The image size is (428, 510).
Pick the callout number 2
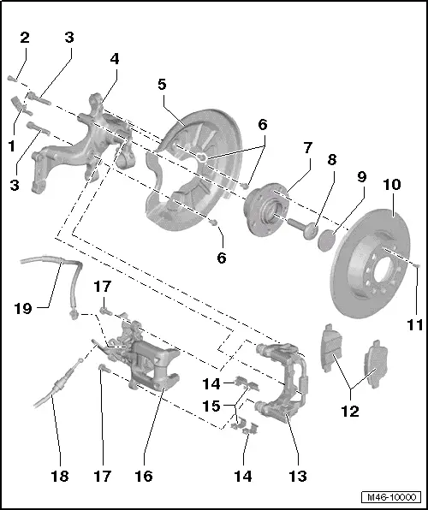(25, 37)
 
